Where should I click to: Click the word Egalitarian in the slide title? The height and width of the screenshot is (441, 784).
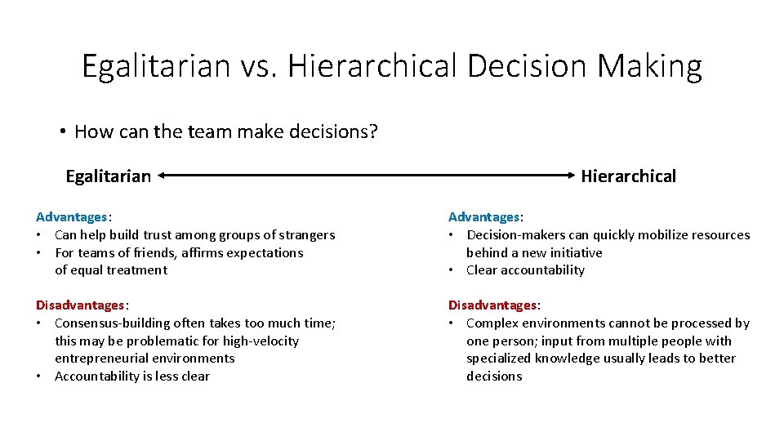tap(156, 66)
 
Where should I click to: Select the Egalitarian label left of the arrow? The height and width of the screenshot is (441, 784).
tap(108, 176)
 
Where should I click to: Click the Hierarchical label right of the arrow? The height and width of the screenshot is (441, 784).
tap(628, 176)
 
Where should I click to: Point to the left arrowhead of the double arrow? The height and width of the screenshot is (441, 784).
tap(162, 175)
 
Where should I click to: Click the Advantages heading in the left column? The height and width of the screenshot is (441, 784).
tap(72, 217)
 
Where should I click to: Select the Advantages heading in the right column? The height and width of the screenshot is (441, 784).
tap(484, 217)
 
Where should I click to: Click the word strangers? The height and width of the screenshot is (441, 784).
tap(305, 235)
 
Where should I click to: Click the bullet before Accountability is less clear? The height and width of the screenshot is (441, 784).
tap(40, 376)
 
